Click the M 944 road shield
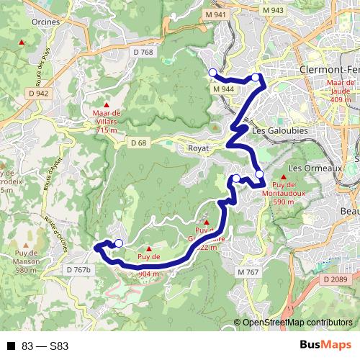(x=224, y=88)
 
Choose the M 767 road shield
(x=248, y=271)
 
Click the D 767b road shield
(x=81, y=269)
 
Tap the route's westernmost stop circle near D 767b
(x=119, y=243)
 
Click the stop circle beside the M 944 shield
(x=212, y=72)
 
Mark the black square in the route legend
(x=11, y=346)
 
